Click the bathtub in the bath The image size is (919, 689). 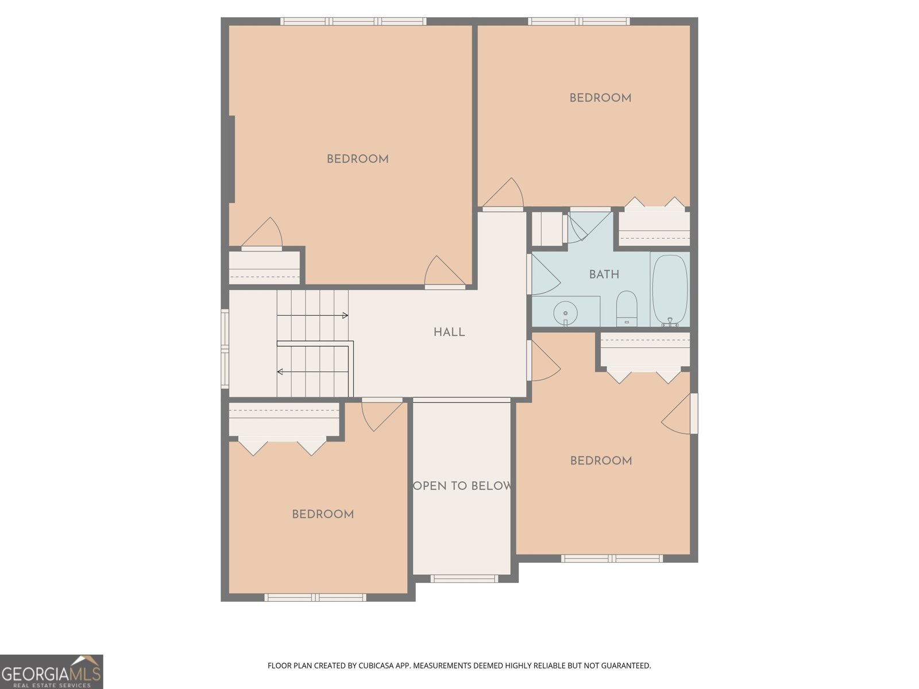(x=670, y=291)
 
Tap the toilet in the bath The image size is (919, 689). (x=627, y=308)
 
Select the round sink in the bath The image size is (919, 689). (x=566, y=313)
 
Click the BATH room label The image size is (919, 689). (x=604, y=274)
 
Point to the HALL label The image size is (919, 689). (x=449, y=332)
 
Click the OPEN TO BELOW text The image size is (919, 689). (x=462, y=486)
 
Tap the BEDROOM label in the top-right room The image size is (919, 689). (x=600, y=98)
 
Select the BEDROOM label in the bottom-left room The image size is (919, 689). (x=323, y=514)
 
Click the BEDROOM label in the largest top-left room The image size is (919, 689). (x=357, y=159)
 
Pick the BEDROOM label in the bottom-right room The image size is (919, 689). (x=601, y=460)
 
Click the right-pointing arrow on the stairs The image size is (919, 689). (x=345, y=315)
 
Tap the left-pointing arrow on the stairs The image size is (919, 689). (x=280, y=372)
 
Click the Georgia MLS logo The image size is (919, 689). (x=51, y=672)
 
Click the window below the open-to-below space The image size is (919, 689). (x=464, y=579)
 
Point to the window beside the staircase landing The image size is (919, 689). (x=225, y=349)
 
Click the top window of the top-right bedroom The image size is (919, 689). (x=578, y=22)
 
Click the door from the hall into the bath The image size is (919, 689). (x=543, y=276)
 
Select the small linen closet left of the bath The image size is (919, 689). (x=547, y=229)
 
